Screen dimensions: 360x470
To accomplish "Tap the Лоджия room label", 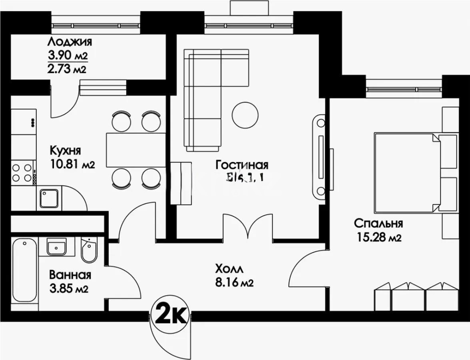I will pyautogui.click(x=70, y=42).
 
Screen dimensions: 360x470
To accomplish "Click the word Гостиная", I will pyautogui.click(x=242, y=165).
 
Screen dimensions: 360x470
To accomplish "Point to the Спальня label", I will pyautogui.click(x=378, y=223).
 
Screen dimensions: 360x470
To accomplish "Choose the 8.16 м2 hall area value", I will pyautogui.click(x=234, y=283).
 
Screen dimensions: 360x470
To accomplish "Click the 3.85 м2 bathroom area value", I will pyautogui.click(x=69, y=289).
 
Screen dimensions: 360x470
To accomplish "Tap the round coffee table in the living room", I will pyautogui.click(x=245, y=114).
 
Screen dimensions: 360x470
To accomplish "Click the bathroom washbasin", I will pyautogui.click(x=56, y=246).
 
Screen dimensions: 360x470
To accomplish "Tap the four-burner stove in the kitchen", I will pyautogui.click(x=22, y=173).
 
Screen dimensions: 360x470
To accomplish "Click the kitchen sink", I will pyautogui.click(x=49, y=198).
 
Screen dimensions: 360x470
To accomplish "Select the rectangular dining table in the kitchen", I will pyautogui.click(x=135, y=150).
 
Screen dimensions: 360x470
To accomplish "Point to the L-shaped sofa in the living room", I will pyautogui.click(x=204, y=100).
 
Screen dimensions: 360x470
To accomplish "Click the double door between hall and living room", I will pyautogui.click(x=248, y=228).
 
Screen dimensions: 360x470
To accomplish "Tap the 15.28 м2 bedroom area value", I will pyautogui.click(x=378, y=238).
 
